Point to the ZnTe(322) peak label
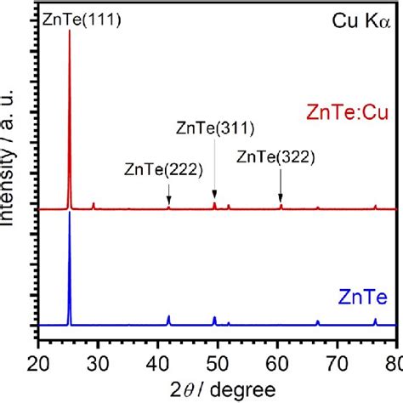coord(275,156)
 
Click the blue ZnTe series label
coord(367,296)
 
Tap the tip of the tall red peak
coord(69,31)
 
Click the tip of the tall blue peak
coord(69,212)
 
